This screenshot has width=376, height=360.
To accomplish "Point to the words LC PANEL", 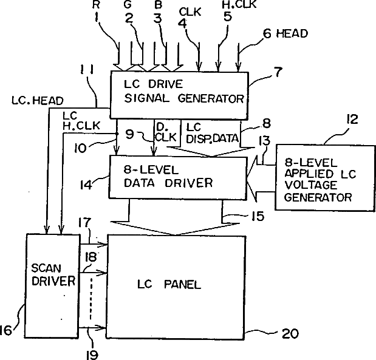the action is pos(169,285).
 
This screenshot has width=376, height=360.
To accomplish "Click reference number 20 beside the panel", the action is pos(290,333).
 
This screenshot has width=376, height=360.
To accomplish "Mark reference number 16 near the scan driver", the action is pos(5,330).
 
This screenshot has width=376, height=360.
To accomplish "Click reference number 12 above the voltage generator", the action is pos(352,119).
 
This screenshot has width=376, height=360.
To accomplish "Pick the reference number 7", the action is pos(278,72).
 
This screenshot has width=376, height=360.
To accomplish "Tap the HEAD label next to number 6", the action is pos(292,33).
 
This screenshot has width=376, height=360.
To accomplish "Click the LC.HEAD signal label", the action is pos(38,101).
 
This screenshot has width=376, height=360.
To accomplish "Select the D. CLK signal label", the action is pos(166,132).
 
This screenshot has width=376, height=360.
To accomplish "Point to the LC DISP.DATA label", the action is pos(212,134).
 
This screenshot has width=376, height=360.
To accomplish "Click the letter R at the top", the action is pos(96,5).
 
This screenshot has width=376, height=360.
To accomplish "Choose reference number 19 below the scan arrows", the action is pos(92,355).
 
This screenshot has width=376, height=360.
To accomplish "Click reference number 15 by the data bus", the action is pos(258,216).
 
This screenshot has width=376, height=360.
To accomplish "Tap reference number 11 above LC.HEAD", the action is pos(87,70).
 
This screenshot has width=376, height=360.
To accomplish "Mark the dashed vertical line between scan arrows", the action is pos(91,299).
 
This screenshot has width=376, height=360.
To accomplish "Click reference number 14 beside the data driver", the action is pos(86,185).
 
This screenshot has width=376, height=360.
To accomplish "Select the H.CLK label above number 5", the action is pos(239,4).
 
